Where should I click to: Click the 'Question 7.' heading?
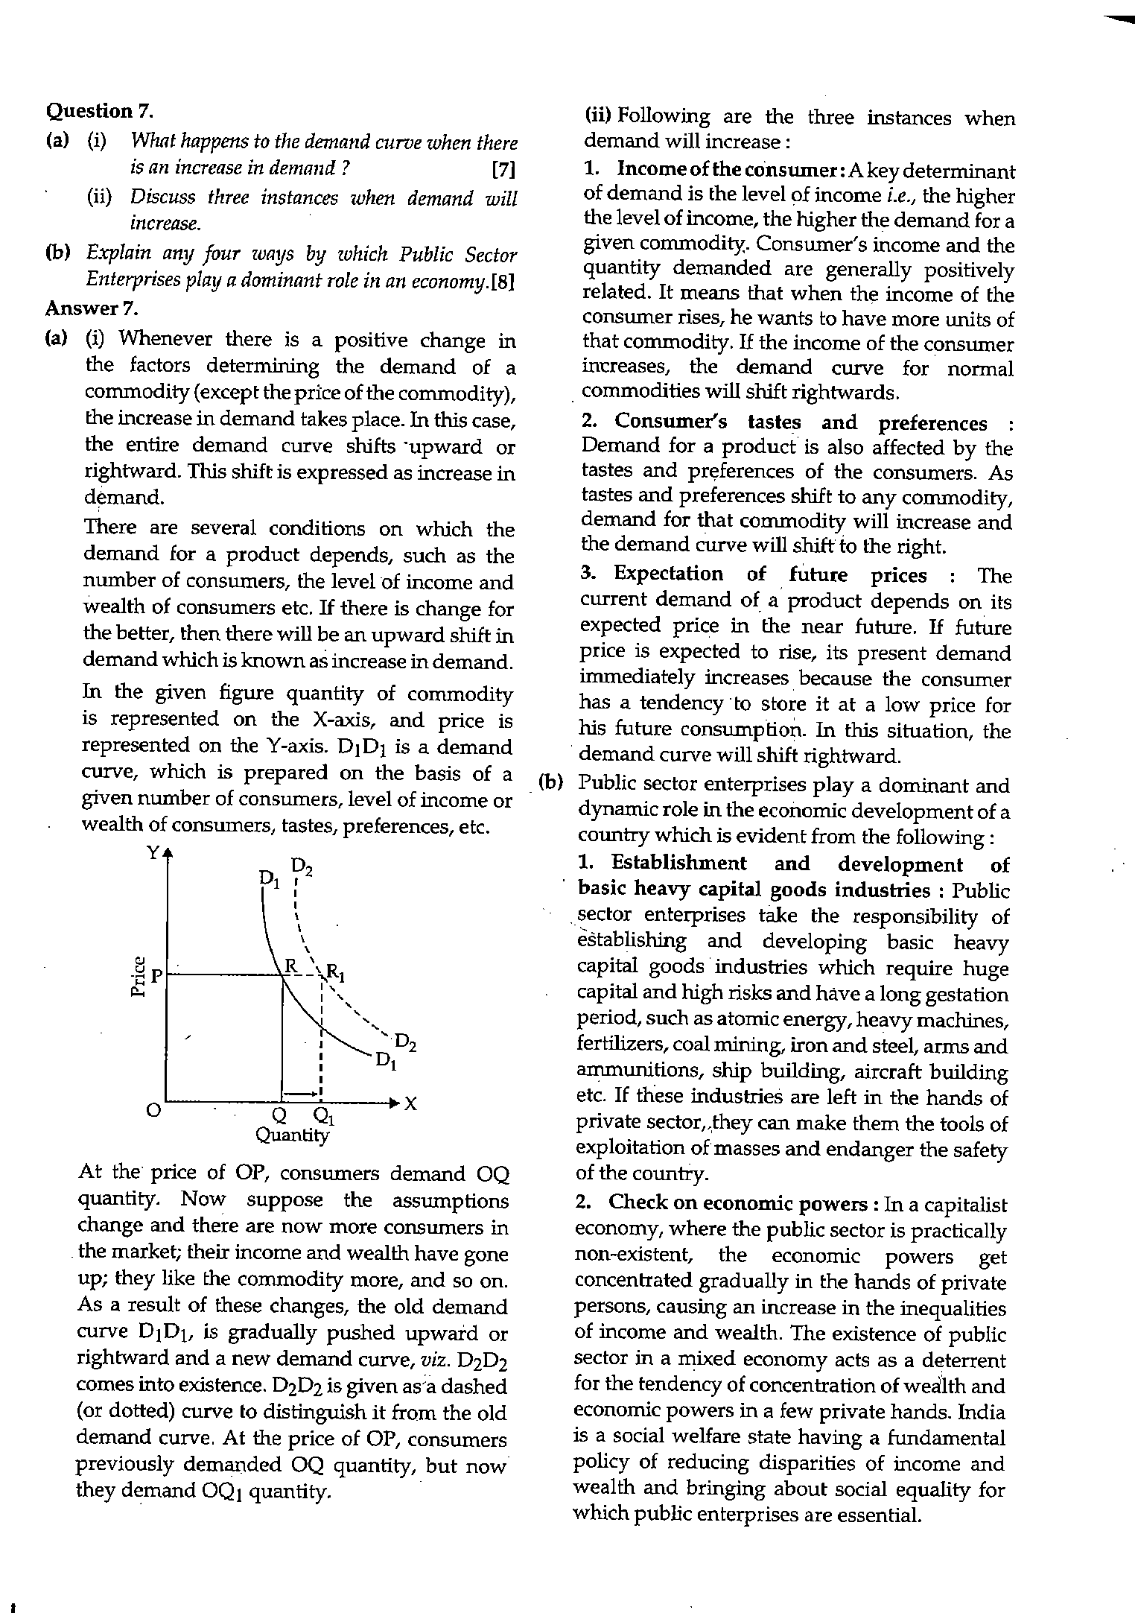(100, 111)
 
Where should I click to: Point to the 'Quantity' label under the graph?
(292, 1135)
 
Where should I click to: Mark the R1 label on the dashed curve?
(334, 974)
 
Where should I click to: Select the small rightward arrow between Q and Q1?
(301, 1092)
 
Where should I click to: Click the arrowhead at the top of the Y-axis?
(168, 852)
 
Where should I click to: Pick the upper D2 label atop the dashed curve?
(301, 866)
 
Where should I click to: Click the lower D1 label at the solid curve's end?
(385, 1060)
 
